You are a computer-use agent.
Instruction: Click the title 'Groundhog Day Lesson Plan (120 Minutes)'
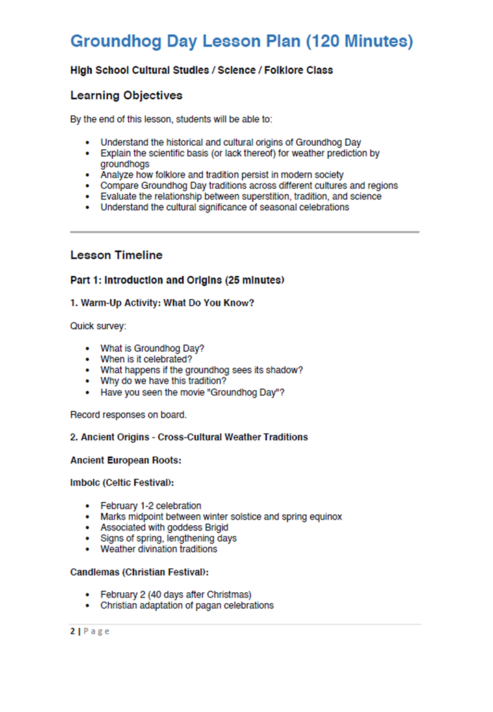point(241,42)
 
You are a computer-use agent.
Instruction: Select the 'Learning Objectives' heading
point(126,95)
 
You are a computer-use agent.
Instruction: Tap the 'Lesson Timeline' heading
point(116,255)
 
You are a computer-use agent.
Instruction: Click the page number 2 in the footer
point(73,631)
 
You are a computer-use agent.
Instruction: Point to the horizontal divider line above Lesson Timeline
point(244,232)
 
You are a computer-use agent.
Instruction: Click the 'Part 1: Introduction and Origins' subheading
point(177,280)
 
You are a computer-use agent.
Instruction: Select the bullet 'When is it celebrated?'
point(146,359)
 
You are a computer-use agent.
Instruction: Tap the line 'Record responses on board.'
point(128,414)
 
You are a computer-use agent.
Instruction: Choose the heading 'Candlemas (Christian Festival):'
point(139,572)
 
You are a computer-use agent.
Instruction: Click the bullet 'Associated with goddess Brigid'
point(164,527)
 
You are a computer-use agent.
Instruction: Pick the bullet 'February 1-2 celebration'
point(151,506)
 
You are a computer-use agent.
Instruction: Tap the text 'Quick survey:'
point(98,326)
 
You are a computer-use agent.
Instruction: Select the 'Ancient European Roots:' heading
point(125,461)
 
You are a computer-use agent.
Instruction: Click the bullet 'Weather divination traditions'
point(159,549)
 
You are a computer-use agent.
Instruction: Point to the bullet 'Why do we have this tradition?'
point(164,381)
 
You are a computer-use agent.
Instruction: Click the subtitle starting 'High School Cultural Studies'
point(201,70)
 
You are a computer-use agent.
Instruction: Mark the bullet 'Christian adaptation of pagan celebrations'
point(187,605)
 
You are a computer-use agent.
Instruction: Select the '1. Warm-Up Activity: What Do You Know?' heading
point(162,303)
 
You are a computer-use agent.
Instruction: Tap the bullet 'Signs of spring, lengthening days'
point(168,538)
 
